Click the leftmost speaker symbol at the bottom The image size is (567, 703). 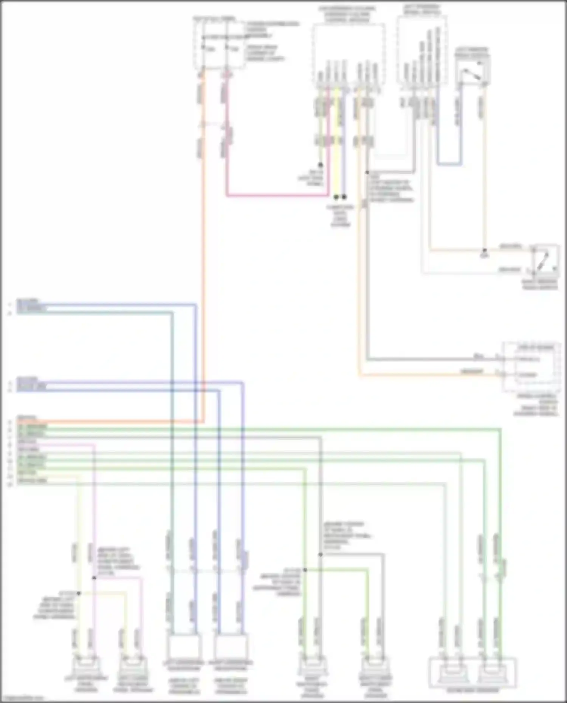[x=87, y=666]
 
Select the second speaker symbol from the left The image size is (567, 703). [x=133, y=666]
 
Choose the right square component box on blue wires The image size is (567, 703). [x=231, y=647]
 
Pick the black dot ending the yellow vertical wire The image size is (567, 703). [x=336, y=197]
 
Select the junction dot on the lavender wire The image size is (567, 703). [x=94, y=578]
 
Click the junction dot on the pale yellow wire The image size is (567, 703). [x=79, y=593]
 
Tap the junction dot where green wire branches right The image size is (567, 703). [x=305, y=570]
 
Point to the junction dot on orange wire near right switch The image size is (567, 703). [x=484, y=251]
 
